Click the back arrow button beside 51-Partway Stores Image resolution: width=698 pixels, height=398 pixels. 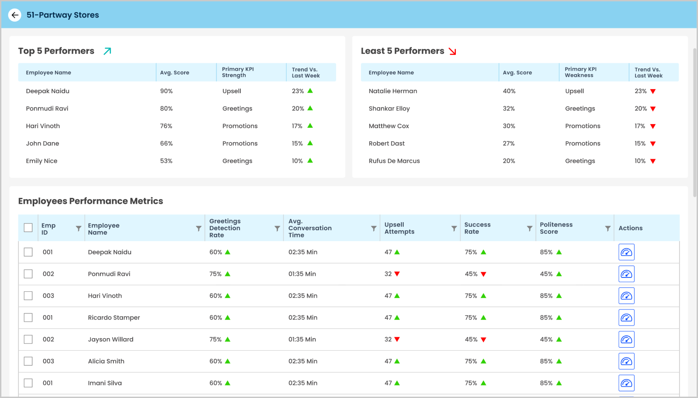[15, 15]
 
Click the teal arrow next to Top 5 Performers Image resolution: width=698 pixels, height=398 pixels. [107, 51]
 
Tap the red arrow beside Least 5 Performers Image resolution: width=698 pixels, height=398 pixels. [453, 51]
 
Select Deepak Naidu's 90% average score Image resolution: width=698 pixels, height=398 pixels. [167, 91]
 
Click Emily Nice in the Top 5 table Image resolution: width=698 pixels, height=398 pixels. [42, 161]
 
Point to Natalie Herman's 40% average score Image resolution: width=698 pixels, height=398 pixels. [509, 91]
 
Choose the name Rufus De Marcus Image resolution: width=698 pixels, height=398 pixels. [394, 161]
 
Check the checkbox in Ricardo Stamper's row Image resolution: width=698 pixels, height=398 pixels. [28, 318]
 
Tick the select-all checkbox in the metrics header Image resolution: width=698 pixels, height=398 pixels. [28, 228]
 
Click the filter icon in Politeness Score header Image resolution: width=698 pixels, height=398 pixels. [608, 228]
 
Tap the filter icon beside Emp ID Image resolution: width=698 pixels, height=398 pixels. [78, 228]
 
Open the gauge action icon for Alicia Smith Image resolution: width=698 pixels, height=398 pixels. [626, 361]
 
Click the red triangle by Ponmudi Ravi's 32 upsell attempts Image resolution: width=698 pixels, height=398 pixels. [397, 274]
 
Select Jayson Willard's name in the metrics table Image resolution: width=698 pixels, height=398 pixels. [111, 340]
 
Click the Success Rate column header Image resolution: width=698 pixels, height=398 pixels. [477, 228]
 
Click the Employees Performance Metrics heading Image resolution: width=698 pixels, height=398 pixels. [90, 201]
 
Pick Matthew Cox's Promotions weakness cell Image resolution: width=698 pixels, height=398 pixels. [582, 126]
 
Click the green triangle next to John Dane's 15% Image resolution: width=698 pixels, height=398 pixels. [310, 143]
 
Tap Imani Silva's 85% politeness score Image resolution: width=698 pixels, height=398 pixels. [546, 383]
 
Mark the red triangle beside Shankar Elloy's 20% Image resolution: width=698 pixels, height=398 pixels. [653, 109]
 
